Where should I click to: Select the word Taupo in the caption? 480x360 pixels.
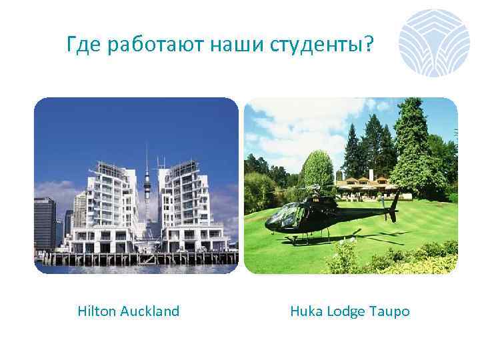(391, 311)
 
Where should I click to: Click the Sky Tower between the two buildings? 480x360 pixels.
(147, 187)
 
